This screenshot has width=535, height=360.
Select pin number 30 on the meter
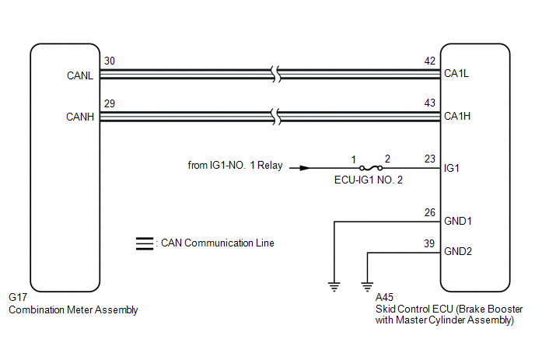tap(109, 61)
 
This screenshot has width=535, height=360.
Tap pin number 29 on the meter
tap(109, 103)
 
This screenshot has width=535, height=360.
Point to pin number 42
tap(429, 61)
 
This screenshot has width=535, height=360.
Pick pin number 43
tap(429, 103)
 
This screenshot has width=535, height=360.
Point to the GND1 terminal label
tap(456, 222)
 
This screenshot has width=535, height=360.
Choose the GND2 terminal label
tap(456, 252)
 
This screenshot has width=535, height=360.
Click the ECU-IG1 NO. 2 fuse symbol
tap(372, 167)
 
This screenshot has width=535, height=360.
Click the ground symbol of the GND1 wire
tap(334, 285)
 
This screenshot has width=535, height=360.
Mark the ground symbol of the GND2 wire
tap(367, 285)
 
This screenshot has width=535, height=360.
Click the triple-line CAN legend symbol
tap(144, 243)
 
